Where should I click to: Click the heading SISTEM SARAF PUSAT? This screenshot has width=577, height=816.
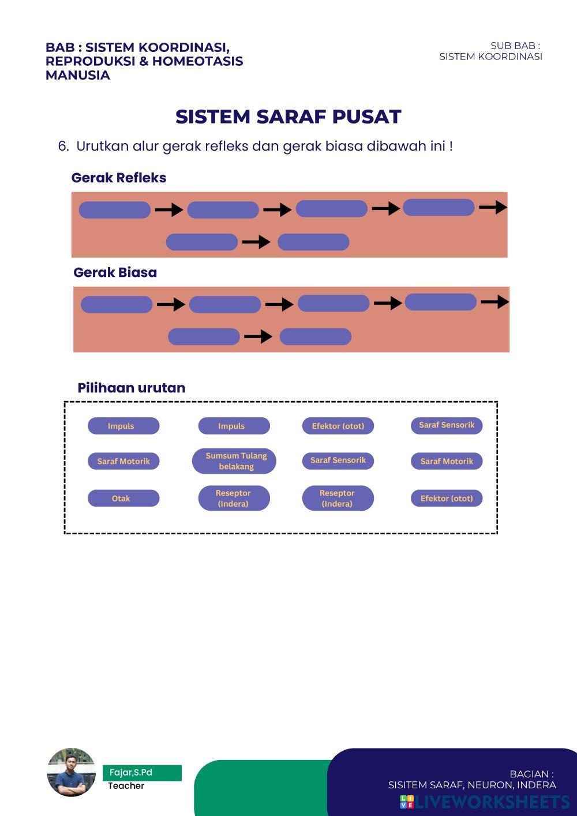click(x=288, y=117)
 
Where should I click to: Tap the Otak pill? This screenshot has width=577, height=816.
click(x=123, y=498)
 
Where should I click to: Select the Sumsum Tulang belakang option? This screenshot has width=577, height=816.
click(x=234, y=461)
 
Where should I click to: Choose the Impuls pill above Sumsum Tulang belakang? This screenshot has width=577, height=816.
click(x=234, y=426)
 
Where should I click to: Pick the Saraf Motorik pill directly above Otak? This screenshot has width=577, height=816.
click(x=123, y=461)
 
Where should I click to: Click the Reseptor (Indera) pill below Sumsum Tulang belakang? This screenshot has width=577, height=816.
click(x=234, y=498)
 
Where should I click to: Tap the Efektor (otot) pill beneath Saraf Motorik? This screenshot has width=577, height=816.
click(x=447, y=498)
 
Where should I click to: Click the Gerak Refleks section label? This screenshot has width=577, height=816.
click(x=119, y=178)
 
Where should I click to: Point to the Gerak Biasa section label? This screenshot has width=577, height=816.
click(x=115, y=272)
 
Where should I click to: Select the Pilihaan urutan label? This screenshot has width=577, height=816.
click(x=132, y=388)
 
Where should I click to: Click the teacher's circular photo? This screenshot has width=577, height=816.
click(x=72, y=772)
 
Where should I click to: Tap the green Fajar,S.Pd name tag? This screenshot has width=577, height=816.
click(x=142, y=773)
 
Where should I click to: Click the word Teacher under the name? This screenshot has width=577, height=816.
click(x=126, y=786)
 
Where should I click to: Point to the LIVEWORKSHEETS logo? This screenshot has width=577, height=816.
click(x=485, y=802)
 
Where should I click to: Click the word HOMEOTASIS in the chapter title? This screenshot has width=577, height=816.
click(x=197, y=61)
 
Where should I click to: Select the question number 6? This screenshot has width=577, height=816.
click(x=63, y=146)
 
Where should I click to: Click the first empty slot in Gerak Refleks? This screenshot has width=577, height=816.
click(x=115, y=210)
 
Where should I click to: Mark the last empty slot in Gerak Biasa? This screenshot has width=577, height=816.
click(x=316, y=336)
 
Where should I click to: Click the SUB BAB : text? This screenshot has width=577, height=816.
click(x=515, y=46)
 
